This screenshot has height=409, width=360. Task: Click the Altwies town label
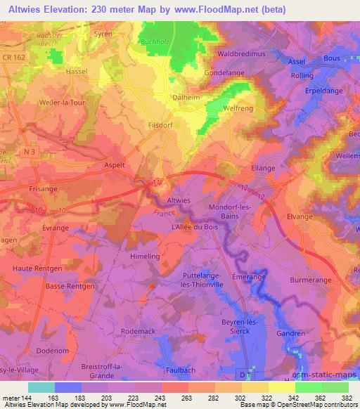179,200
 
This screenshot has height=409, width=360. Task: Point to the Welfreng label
238,108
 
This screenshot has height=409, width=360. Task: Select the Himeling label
146,257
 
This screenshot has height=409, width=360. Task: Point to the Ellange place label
264,169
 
